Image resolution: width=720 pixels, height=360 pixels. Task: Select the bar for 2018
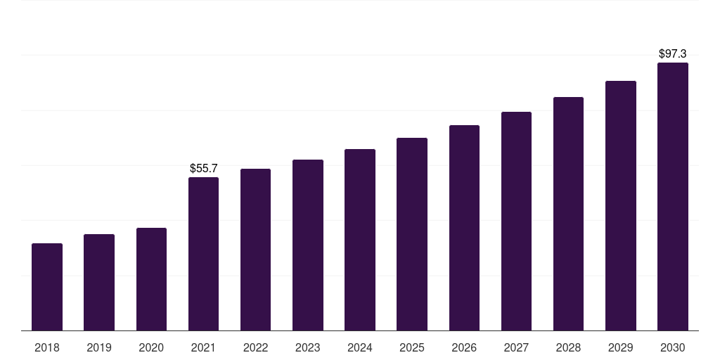coord(47,287)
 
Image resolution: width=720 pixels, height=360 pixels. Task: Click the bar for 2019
coord(99,283)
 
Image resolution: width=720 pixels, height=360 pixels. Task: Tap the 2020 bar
coord(152,279)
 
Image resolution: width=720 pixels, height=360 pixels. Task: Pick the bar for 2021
coord(203,254)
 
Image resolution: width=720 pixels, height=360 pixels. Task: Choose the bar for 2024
coord(360,240)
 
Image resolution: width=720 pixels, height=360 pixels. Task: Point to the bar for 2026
coord(464,228)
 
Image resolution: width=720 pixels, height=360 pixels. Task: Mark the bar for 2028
coord(568,214)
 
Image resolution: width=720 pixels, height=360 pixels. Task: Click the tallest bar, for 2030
coord(673,197)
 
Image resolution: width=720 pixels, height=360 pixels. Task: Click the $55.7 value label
coord(204,169)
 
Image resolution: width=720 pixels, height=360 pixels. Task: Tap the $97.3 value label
coord(673,53)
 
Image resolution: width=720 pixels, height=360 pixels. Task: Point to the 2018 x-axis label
coord(47,348)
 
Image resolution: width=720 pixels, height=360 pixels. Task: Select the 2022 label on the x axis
coord(255,348)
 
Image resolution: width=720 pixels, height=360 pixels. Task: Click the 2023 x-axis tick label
coord(308,348)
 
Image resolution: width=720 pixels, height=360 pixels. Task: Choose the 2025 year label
coord(412,348)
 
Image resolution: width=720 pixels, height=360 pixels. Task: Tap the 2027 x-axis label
coord(516,348)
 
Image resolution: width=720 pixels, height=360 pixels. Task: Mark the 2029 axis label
coord(620,348)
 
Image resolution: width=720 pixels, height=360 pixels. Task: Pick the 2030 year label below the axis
coord(673,348)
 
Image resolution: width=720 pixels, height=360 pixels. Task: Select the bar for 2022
coord(255,250)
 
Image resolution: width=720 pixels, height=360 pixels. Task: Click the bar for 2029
coord(621,206)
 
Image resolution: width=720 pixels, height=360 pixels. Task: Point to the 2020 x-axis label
coord(151,348)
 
